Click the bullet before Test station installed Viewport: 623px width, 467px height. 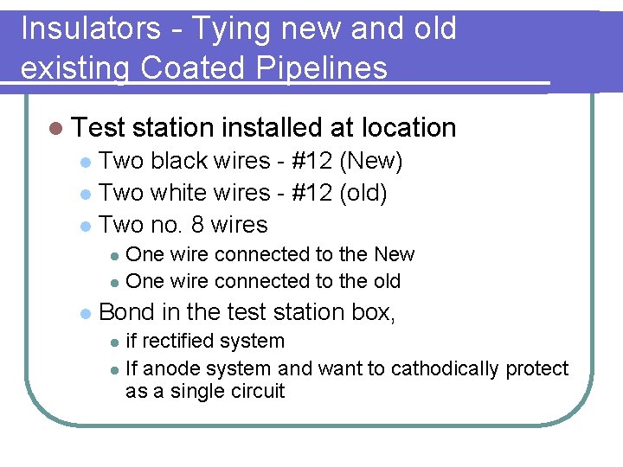[x=56, y=128]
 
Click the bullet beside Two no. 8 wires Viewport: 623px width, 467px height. [x=84, y=226]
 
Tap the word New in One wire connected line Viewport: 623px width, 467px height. [x=394, y=254]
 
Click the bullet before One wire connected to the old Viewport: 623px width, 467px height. [x=114, y=282]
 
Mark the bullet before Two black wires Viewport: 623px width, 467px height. [x=84, y=163]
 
